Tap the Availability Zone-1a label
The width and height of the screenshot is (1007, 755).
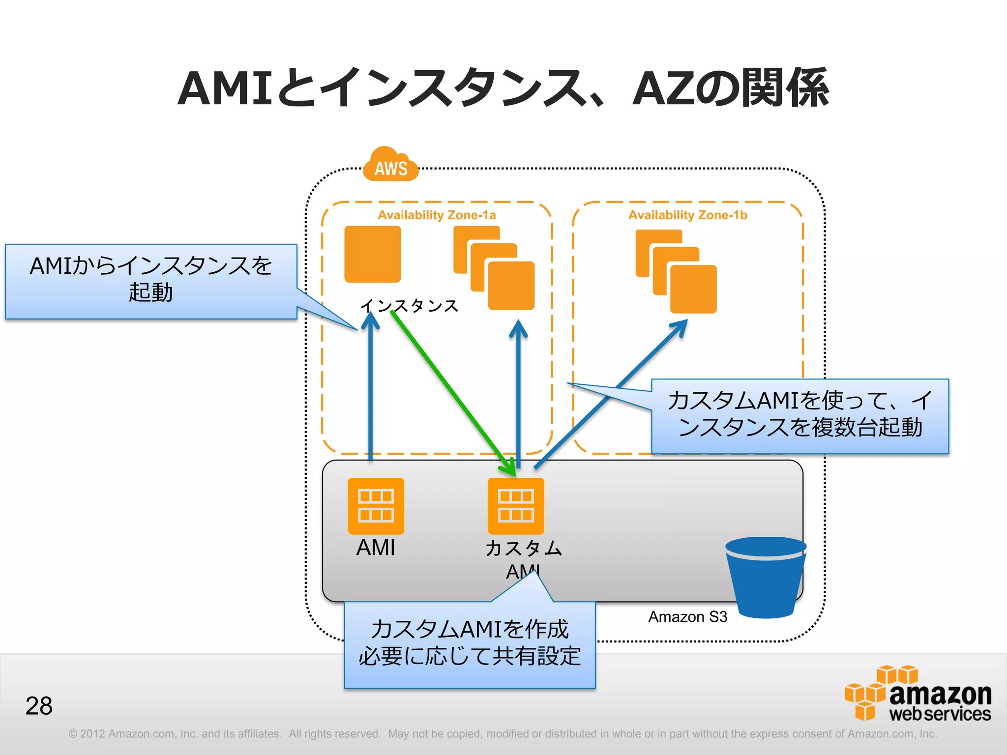point(437,215)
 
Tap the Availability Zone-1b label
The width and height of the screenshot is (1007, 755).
point(687,215)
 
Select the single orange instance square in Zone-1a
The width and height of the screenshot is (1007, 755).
point(373,254)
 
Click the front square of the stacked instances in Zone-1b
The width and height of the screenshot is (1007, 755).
point(693,289)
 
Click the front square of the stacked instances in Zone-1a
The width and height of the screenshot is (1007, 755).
point(511,286)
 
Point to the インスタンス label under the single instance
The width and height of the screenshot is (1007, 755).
point(409,306)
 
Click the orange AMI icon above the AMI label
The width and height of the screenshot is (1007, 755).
point(376,506)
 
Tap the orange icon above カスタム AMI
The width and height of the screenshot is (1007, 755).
point(516,506)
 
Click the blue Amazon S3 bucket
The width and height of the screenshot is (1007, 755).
point(765,578)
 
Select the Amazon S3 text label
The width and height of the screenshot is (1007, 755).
point(687,616)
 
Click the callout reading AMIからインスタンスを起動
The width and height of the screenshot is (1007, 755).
point(151,281)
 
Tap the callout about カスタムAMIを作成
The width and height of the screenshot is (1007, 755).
point(470,644)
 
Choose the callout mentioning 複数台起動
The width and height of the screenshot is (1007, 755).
point(800,416)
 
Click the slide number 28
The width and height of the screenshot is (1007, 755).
point(39,706)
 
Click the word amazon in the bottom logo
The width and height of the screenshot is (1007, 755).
point(940,694)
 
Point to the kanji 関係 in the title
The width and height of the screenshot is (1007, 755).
point(785,88)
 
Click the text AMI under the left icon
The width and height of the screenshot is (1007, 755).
point(376,547)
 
